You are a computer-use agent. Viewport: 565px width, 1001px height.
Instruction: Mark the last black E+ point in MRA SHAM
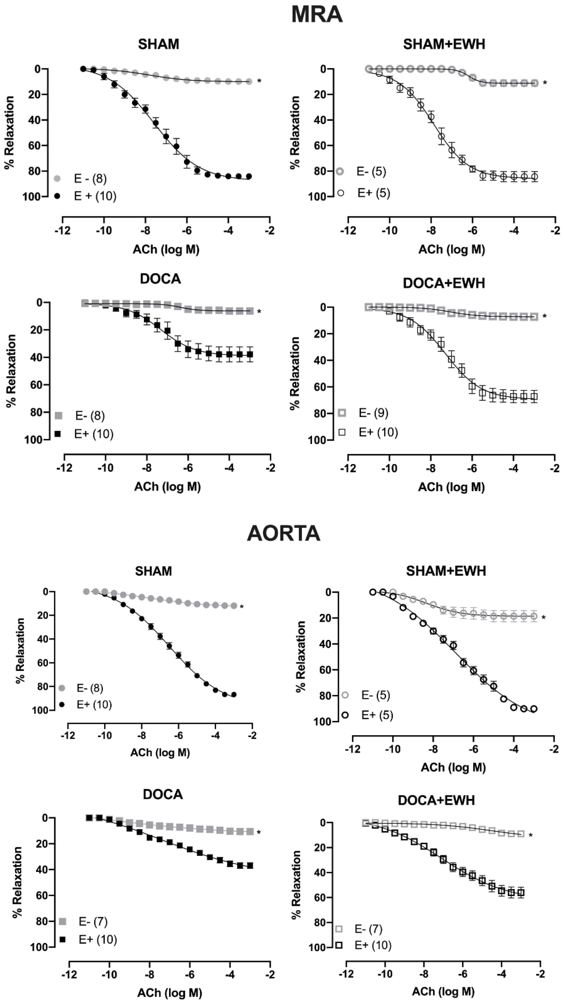tap(249, 176)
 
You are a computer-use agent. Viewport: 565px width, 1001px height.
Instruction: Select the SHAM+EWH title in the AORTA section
tap(446, 571)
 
